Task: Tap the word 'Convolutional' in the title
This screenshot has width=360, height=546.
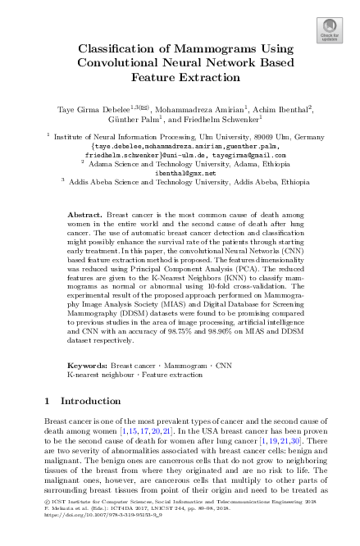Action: click(x=127, y=63)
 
